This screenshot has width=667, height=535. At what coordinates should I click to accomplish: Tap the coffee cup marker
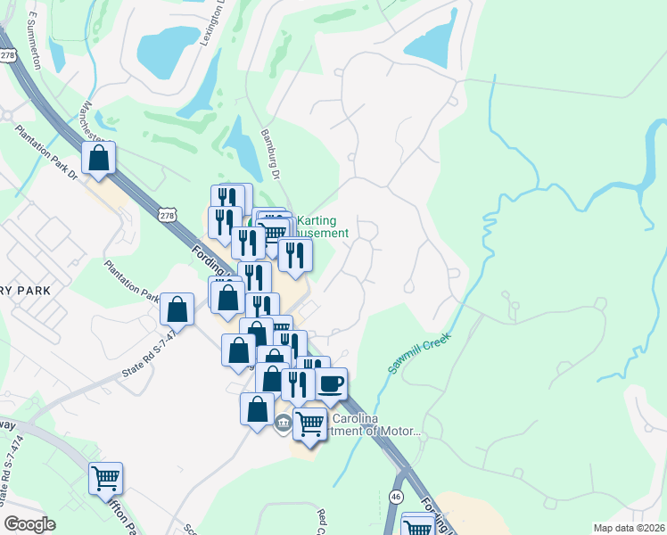pyautogui.click(x=331, y=384)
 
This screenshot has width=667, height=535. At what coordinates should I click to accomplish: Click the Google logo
pyautogui.click(x=29, y=524)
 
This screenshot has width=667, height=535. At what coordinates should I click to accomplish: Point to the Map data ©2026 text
pyautogui.click(x=629, y=527)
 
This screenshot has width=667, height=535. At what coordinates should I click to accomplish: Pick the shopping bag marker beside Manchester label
pyautogui.click(x=99, y=158)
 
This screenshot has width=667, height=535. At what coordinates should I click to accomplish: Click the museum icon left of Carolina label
pyautogui.click(x=283, y=423)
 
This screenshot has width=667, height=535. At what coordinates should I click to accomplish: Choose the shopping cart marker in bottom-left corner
pyautogui.click(x=105, y=479)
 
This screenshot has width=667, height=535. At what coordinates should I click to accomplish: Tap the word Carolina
pyautogui.click(x=357, y=419)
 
